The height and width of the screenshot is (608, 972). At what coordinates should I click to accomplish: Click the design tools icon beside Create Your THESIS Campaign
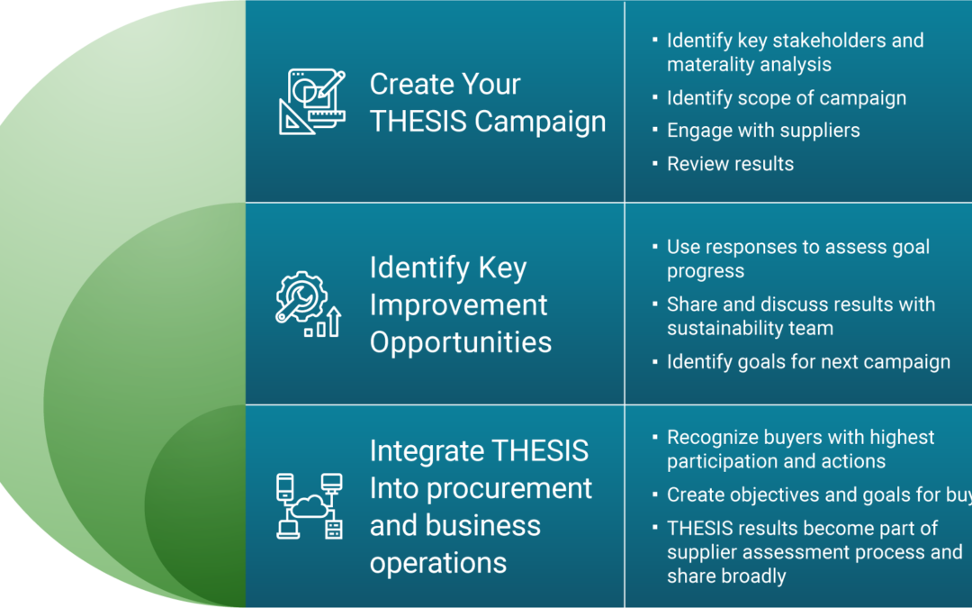(x=311, y=102)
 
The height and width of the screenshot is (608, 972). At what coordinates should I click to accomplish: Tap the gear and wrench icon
(x=308, y=304)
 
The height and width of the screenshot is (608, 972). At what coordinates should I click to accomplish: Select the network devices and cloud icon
(x=310, y=506)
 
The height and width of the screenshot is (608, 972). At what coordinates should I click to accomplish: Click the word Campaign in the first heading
(x=540, y=122)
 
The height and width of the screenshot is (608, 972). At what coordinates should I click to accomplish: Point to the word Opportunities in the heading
(x=461, y=342)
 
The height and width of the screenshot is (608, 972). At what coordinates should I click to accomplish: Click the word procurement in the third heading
(x=509, y=489)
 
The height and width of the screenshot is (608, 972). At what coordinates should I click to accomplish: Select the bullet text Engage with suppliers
(x=763, y=131)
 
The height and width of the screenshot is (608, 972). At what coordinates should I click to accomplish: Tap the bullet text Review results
(x=730, y=164)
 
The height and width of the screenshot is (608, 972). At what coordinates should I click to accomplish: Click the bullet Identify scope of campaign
(x=786, y=98)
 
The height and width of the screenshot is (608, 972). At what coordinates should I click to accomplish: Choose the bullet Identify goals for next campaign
(x=808, y=362)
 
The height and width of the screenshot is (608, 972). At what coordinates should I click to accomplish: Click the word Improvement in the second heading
(x=458, y=305)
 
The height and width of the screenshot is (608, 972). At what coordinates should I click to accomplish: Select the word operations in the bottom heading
(x=438, y=563)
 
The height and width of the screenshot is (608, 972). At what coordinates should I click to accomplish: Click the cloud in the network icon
(x=310, y=506)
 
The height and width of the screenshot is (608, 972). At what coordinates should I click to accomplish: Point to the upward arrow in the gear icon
(x=334, y=322)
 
